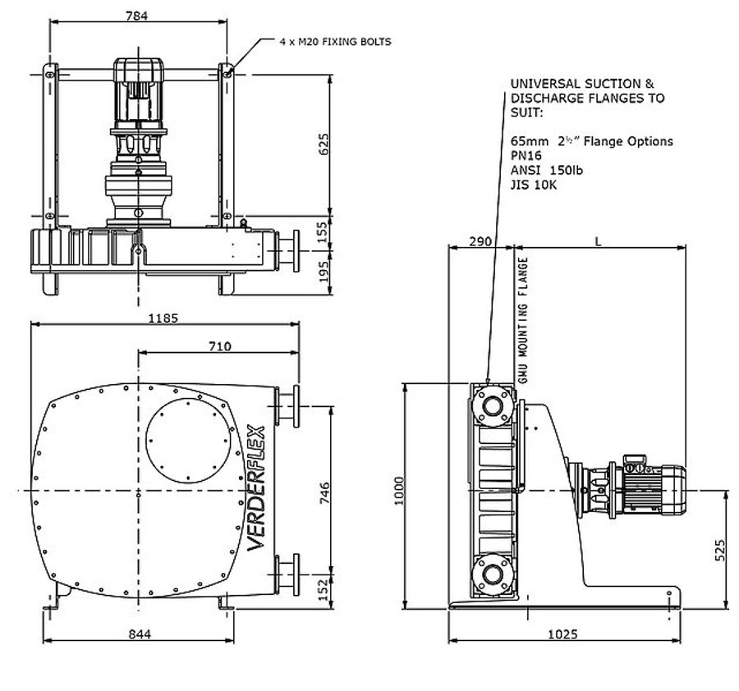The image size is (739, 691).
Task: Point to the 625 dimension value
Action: click(323, 144)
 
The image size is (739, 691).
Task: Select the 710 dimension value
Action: click(218, 346)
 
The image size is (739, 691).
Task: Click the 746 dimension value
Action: click(324, 491)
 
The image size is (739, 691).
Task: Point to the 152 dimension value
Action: click(324, 588)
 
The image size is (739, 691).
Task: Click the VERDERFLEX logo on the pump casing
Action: click(256, 490)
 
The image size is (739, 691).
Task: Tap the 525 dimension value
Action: click(719, 549)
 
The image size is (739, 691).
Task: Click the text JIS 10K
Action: click(533, 185)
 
